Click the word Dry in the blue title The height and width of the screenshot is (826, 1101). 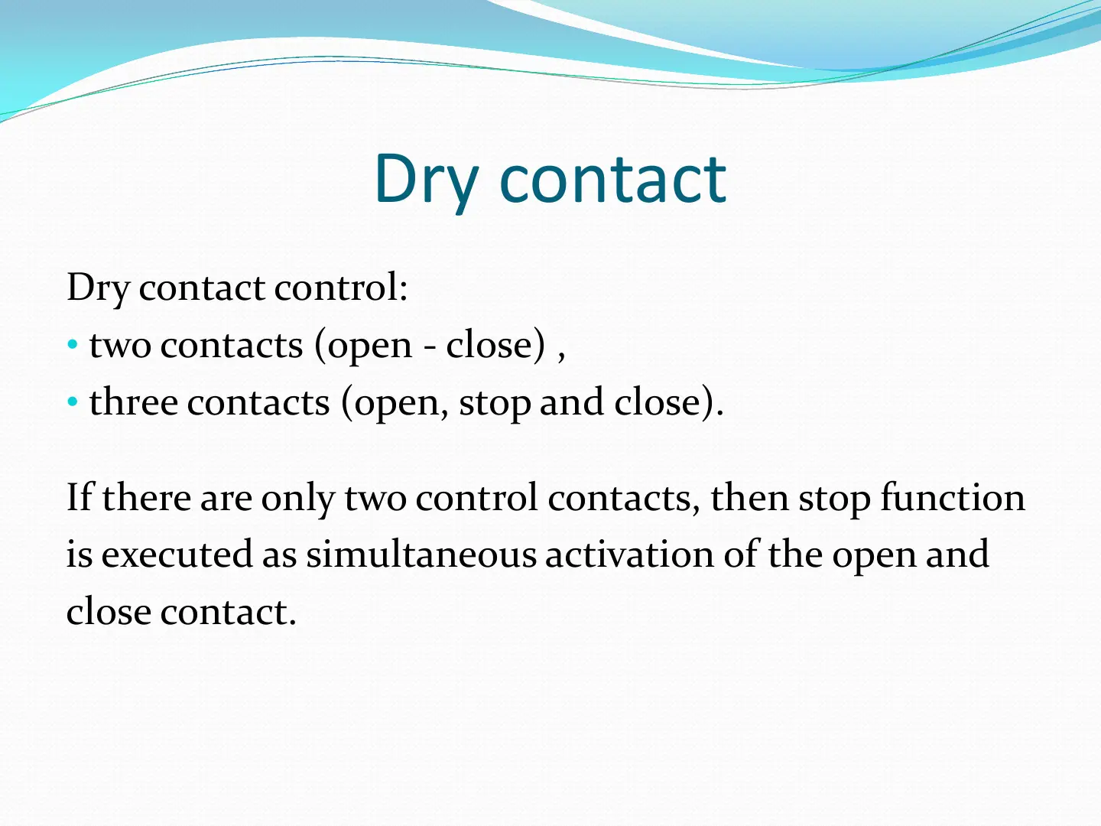coord(426,182)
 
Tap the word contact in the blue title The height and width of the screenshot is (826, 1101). coord(613,179)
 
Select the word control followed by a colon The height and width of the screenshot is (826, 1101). coord(340,288)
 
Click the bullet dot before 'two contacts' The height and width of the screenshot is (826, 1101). coord(73,344)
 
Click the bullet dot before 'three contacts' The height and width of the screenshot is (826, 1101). coord(73,402)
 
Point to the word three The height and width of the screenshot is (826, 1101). coord(134,402)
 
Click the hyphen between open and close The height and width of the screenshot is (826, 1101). coord(429,346)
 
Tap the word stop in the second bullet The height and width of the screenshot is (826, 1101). coord(495,405)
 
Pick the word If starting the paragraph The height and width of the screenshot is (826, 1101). coord(80,496)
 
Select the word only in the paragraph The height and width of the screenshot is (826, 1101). coord(297,499)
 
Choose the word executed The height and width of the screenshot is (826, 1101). coord(177,554)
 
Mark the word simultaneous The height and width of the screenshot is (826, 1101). coord(421,554)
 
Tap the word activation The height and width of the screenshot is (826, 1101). coord(629,554)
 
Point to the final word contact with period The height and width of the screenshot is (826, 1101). coord(228,612)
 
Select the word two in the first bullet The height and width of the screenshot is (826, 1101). coord(120,346)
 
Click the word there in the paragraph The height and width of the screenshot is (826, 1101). coord(147,496)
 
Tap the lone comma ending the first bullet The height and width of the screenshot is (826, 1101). coord(560,356)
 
